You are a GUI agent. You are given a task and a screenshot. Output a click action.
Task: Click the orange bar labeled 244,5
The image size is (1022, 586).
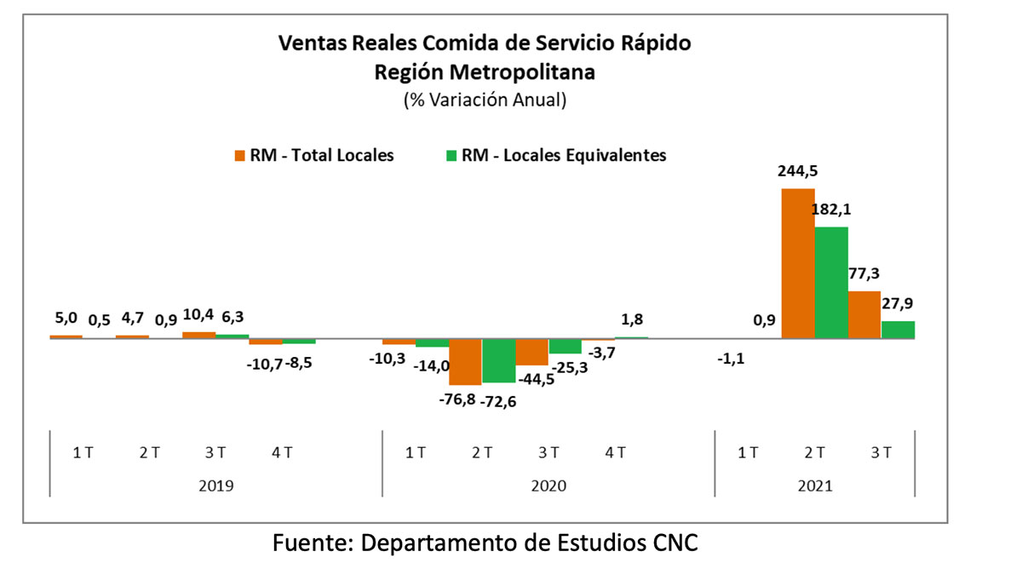coord(798,263)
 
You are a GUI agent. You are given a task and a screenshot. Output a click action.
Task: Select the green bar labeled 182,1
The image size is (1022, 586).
coord(831,283)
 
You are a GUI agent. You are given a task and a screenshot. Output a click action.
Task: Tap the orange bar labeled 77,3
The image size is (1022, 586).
coord(864,314)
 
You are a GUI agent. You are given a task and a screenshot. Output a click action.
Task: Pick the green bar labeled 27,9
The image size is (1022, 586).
coord(898,330)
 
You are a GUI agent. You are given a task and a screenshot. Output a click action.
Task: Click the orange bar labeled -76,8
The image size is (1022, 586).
coord(466,361)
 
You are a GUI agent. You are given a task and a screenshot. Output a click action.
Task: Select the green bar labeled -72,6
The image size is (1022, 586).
coord(499,360)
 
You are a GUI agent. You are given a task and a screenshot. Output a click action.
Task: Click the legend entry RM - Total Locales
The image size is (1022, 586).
coord(313,156)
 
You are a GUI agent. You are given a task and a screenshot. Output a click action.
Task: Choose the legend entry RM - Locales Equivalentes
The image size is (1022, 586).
coord(555,156)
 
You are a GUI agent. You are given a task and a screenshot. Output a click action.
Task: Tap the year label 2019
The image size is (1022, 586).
coord(215,486)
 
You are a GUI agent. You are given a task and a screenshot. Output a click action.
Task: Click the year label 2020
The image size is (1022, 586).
coord(548,486)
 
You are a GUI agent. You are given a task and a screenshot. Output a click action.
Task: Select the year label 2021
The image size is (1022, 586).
coord(815,486)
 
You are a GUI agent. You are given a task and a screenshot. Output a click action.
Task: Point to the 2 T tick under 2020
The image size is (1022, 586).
coord(482,452)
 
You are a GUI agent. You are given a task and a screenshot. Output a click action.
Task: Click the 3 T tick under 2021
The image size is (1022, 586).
coord(881,452)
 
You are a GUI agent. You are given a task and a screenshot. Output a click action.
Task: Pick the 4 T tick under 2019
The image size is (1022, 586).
coord(282,452)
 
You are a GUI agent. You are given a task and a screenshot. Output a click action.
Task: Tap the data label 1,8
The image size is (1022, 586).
coord(631,319)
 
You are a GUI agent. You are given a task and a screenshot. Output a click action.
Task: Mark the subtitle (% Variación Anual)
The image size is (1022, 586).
coord(485,100)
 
